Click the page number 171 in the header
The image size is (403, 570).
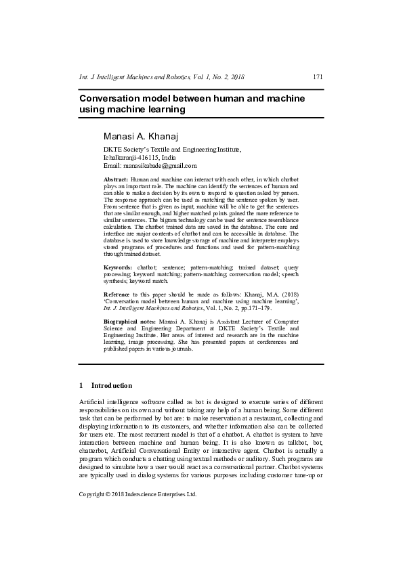point(318,77)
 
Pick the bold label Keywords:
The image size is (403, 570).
point(118,268)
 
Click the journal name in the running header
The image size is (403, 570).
point(135,77)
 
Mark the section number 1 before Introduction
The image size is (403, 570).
point(81,385)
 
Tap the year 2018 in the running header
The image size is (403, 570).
point(233,77)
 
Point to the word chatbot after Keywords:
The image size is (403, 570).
point(148,268)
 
